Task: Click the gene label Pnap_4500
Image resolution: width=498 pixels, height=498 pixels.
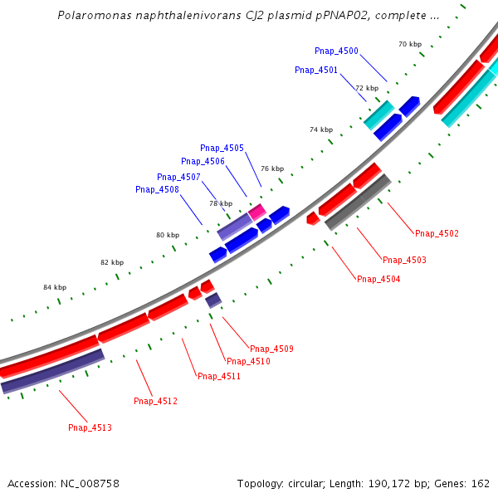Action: pos(336,51)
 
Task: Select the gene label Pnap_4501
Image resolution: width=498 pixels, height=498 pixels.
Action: pos(316,71)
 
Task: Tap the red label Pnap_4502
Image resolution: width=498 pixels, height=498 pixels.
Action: pos(437,234)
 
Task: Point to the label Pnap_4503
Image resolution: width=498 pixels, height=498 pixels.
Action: pos(404,261)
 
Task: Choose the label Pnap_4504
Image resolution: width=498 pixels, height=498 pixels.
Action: pos(378,280)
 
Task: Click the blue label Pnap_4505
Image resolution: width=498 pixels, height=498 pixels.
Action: pos(222,149)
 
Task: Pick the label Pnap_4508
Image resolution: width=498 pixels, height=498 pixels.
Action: pos(157,190)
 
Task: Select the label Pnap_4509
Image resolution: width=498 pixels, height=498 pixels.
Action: pos(271,349)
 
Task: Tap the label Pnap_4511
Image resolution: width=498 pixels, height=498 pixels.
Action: pos(219,377)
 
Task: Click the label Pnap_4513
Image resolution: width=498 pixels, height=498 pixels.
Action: pos(90,428)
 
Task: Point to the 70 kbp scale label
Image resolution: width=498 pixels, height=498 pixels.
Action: pos(410,44)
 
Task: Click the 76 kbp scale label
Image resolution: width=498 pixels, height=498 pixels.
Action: pos(272,168)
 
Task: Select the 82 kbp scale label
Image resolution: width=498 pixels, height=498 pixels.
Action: pos(112,262)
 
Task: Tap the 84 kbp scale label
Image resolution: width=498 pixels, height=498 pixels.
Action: pos(55,287)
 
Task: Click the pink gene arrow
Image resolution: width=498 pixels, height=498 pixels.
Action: pos(257,212)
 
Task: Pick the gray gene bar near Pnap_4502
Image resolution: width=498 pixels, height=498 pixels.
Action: pos(358,203)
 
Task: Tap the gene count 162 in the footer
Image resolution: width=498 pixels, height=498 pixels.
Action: pos(481,483)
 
